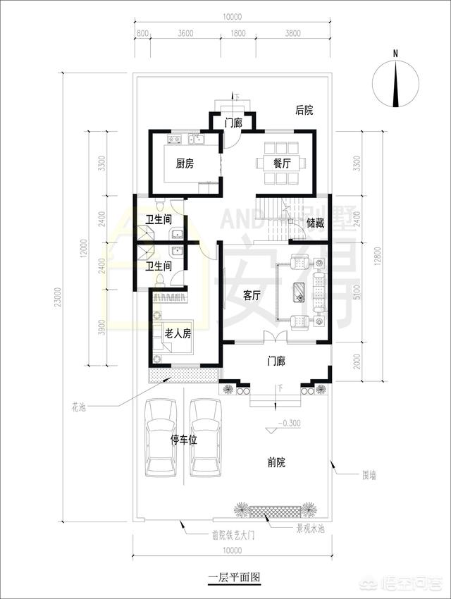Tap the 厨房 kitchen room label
(x=185, y=163)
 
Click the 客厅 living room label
(x=252, y=296)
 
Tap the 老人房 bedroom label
(x=178, y=333)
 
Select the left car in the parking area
(x=162, y=438)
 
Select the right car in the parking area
(x=206, y=438)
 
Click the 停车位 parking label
(x=184, y=439)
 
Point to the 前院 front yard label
(x=276, y=462)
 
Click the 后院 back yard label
(x=304, y=110)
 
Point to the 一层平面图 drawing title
(x=235, y=576)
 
